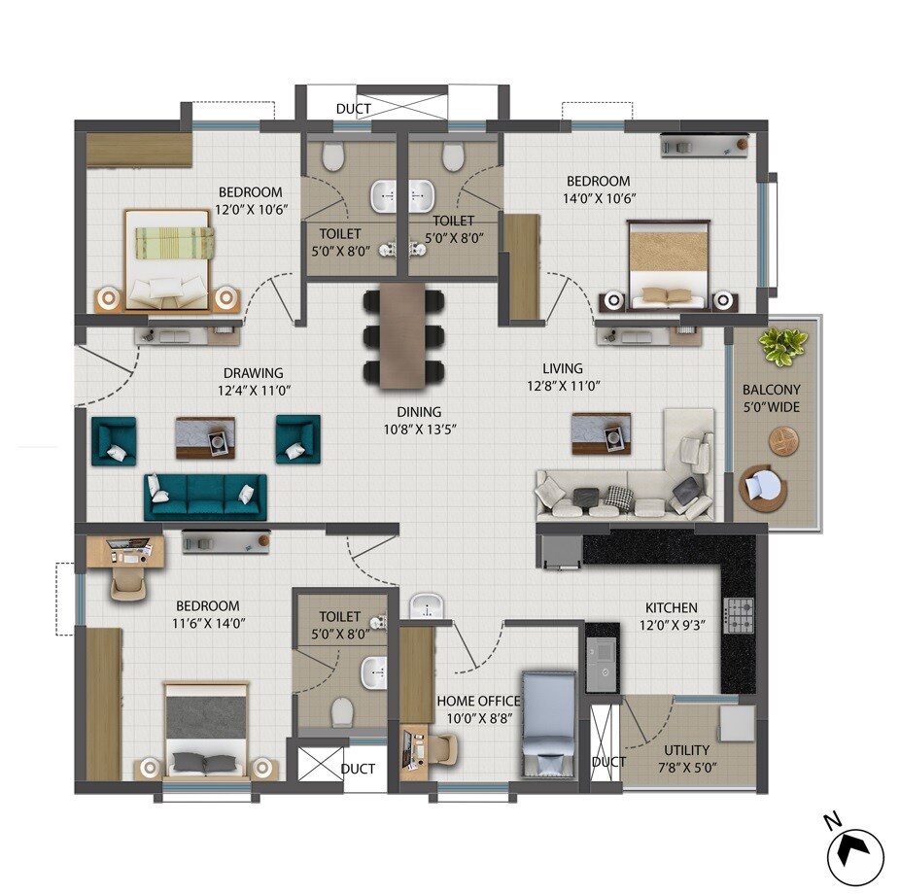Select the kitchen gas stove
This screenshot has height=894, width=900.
pyautogui.click(x=741, y=614)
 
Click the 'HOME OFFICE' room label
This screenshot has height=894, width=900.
pyautogui.click(x=478, y=701)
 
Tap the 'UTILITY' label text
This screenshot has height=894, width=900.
pyautogui.click(x=686, y=750)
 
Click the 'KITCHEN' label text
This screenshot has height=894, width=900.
pyautogui.click(x=670, y=608)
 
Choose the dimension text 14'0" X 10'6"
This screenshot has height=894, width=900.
pyautogui.click(x=599, y=198)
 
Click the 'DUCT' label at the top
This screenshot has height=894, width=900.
pyautogui.click(x=353, y=109)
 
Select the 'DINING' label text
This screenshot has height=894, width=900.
pyautogui.click(x=418, y=411)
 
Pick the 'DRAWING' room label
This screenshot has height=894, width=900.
pyautogui.click(x=253, y=372)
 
